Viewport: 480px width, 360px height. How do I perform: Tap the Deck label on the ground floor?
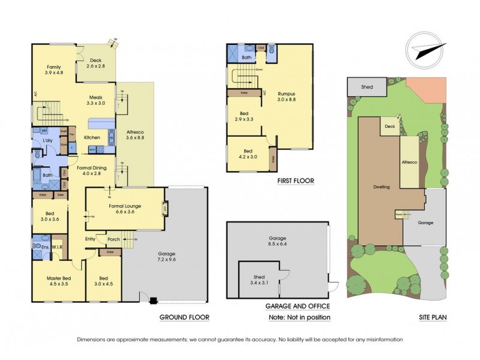pyautogui.click(x=95, y=63)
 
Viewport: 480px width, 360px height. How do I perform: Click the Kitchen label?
pyautogui.click(x=92, y=137)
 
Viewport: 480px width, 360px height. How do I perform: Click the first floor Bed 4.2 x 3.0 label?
pyautogui.click(x=247, y=155)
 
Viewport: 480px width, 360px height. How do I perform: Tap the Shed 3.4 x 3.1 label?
pyautogui.click(x=259, y=280)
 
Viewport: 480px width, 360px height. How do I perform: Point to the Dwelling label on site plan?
pyautogui.click(x=381, y=187)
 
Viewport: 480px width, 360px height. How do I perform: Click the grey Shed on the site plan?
pyautogui.click(x=367, y=88)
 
